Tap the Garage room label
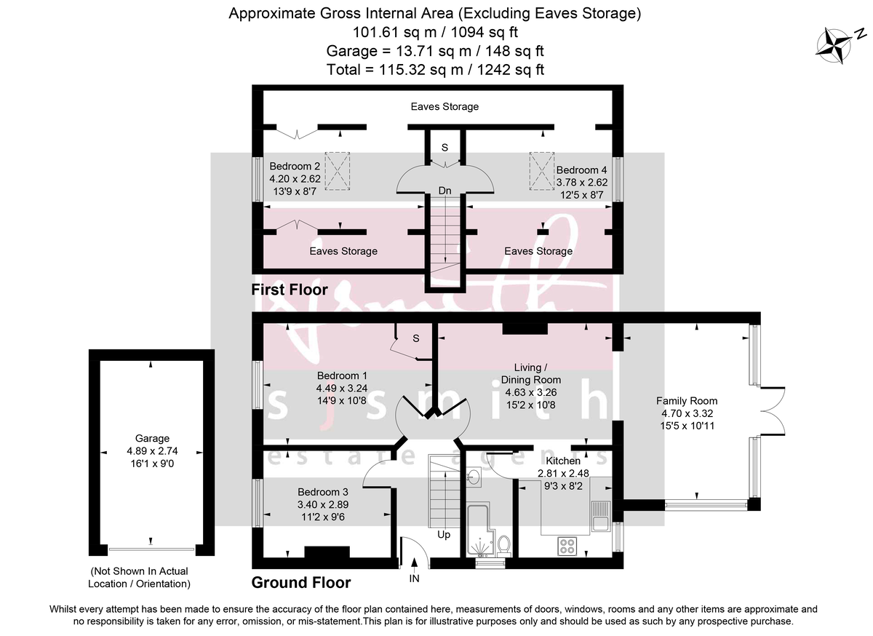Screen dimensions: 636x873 [152, 438]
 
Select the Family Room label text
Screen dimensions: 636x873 [687, 401]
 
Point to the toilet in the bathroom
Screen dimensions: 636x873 [503, 545]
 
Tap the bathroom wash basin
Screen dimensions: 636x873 [474, 477]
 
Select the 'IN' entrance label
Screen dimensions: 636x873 [414, 579]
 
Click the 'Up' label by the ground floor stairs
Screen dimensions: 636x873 [443, 535]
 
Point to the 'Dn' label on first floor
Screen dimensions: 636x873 [445, 191]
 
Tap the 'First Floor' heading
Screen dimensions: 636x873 [290, 290]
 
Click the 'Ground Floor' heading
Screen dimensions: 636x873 [300, 583]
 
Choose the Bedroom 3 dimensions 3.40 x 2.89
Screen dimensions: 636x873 [317, 505]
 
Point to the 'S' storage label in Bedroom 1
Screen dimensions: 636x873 [416, 338]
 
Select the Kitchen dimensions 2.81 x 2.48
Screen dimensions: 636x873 [563, 473]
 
